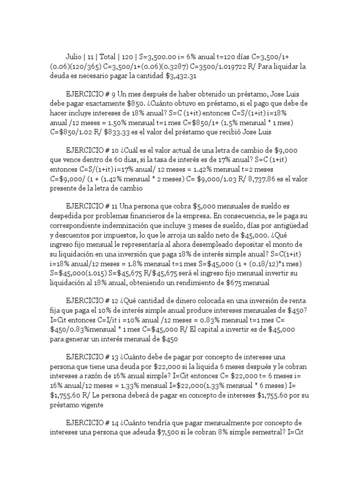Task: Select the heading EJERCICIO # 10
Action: [92, 150]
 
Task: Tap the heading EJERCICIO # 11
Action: [91, 206]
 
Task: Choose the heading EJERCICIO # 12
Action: [92, 299]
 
